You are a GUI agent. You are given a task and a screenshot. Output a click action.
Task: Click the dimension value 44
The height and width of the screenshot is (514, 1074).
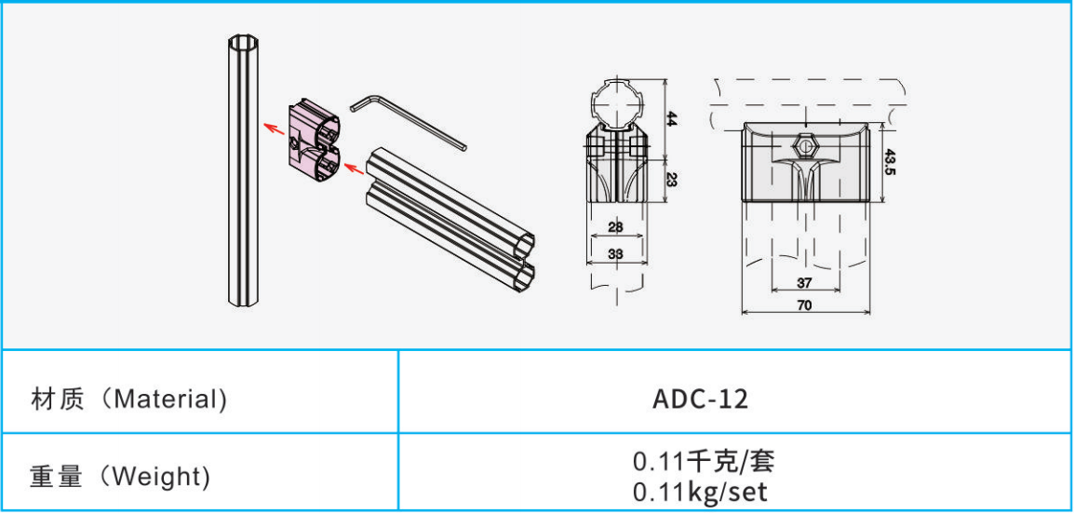coord(672,118)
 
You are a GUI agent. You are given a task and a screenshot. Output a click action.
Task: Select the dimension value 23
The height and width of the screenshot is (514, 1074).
coord(672,180)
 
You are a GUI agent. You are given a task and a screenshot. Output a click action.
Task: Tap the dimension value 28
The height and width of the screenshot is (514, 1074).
coord(616,227)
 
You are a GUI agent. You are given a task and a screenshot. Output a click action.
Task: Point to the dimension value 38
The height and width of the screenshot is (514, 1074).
coord(616,253)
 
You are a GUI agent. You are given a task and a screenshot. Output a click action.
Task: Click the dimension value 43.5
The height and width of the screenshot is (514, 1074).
coord(891,162)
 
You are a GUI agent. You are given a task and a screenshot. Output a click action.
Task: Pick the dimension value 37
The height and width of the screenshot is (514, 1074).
coord(805,282)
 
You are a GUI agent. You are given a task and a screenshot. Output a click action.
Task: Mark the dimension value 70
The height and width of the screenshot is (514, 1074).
coord(805,305)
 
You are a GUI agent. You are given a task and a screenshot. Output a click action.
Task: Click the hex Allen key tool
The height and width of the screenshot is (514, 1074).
coord(409,121)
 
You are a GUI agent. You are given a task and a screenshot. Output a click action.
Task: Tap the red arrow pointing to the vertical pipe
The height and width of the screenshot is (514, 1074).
coord(275,128)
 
